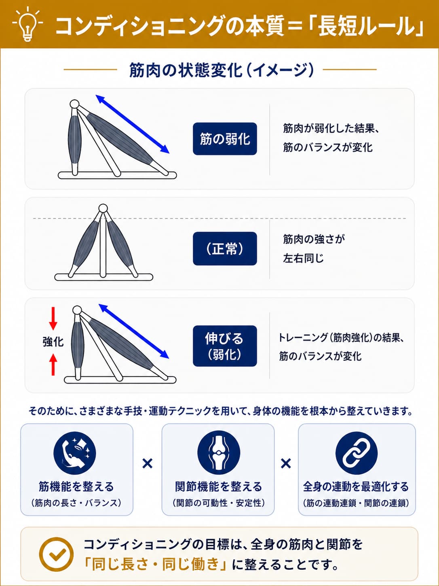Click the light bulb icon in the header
(27, 25)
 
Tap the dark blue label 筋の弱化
(225, 139)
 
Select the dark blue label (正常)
(225, 248)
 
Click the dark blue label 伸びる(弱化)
(225, 346)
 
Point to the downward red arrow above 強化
(53, 318)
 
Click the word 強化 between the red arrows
(53, 342)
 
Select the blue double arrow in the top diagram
(133, 124)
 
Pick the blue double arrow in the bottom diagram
(134, 331)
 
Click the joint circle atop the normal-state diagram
(103, 208)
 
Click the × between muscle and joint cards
(148, 463)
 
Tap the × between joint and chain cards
(286, 463)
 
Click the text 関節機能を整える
(218, 487)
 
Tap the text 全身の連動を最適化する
(356, 487)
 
